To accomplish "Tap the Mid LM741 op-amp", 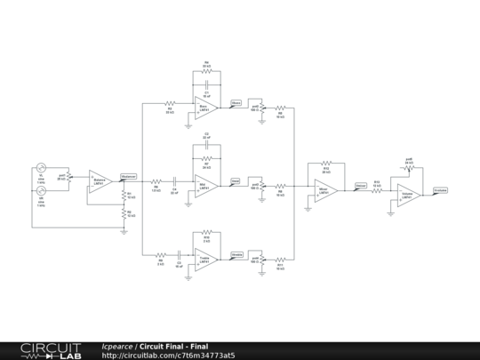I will (205, 185).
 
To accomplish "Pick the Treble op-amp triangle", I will (205, 260).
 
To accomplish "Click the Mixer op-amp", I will (324, 190).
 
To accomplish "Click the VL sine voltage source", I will (42, 168).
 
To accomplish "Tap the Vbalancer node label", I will (128, 175).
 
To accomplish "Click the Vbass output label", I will (236, 103).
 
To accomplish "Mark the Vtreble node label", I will (236, 255).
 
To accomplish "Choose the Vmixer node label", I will (360, 186).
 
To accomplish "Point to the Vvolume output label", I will (440, 190).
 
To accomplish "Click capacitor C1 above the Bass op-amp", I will (206, 86).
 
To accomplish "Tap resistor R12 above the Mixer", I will (325, 164).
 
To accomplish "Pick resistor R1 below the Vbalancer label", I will (124, 194).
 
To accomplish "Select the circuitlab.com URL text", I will (169, 356).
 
